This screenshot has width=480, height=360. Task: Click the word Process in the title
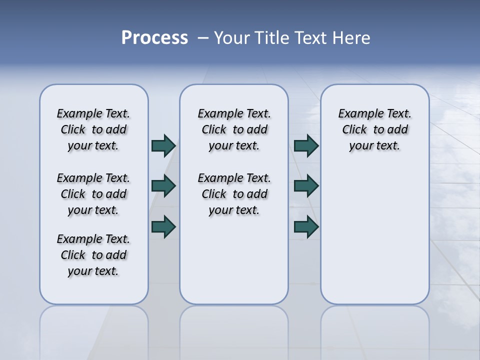(154, 38)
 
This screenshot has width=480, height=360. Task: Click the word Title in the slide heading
(271, 38)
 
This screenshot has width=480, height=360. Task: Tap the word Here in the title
(352, 38)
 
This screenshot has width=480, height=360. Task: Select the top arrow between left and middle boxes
(163, 145)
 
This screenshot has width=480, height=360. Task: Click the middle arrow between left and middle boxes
(163, 186)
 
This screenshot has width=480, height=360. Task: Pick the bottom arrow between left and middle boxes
(163, 226)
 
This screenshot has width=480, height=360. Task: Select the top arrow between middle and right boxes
(306, 145)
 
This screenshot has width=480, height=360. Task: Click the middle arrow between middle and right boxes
(306, 186)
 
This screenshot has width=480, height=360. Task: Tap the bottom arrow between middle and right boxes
(306, 226)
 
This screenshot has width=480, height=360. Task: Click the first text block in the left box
(93, 129)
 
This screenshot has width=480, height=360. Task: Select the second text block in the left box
(93, 194)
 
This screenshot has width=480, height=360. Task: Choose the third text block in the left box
(93, 255)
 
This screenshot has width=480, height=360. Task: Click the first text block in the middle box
(234, 129)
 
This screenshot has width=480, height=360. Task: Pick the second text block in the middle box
(234, 194)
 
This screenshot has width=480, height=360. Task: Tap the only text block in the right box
(375, 129)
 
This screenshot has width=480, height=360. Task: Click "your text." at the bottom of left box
(93, 271)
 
